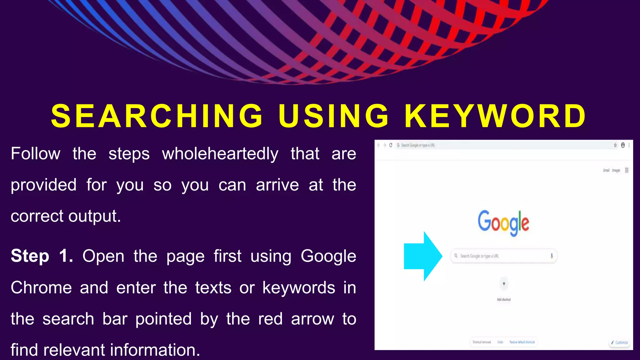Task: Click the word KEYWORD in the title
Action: point(495,116)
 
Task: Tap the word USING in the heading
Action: point(334,116)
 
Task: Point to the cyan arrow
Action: point(422,256)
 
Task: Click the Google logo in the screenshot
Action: point(503,222)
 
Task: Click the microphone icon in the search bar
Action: point(552,256)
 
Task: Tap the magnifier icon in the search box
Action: point(456,256)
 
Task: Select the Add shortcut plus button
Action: point(504,284)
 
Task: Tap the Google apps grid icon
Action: point(627,170)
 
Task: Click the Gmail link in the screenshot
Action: point(606,170)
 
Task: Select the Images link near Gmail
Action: point(616,170)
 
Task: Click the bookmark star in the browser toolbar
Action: point(615,145)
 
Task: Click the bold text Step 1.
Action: point(42,256)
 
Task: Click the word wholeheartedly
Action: point(220,154)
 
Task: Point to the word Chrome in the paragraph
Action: point(41,287)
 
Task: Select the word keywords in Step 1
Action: point(298,287)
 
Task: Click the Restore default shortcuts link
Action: point(522,342)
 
